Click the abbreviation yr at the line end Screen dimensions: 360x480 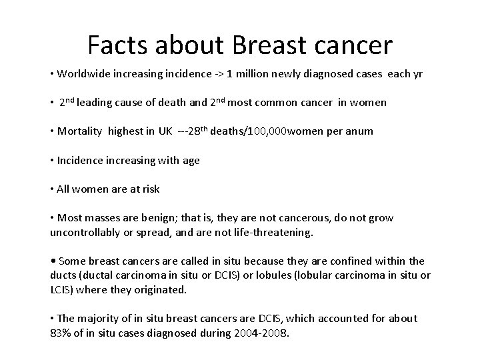point(417,74)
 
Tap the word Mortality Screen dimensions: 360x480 point(79,132)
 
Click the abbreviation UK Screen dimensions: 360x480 point(165,132)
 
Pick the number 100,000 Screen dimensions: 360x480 point(267,132)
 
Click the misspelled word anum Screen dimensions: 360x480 point(359,132)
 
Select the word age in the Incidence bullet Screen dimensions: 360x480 point(191,161)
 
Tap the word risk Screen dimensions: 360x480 point(150,189)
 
